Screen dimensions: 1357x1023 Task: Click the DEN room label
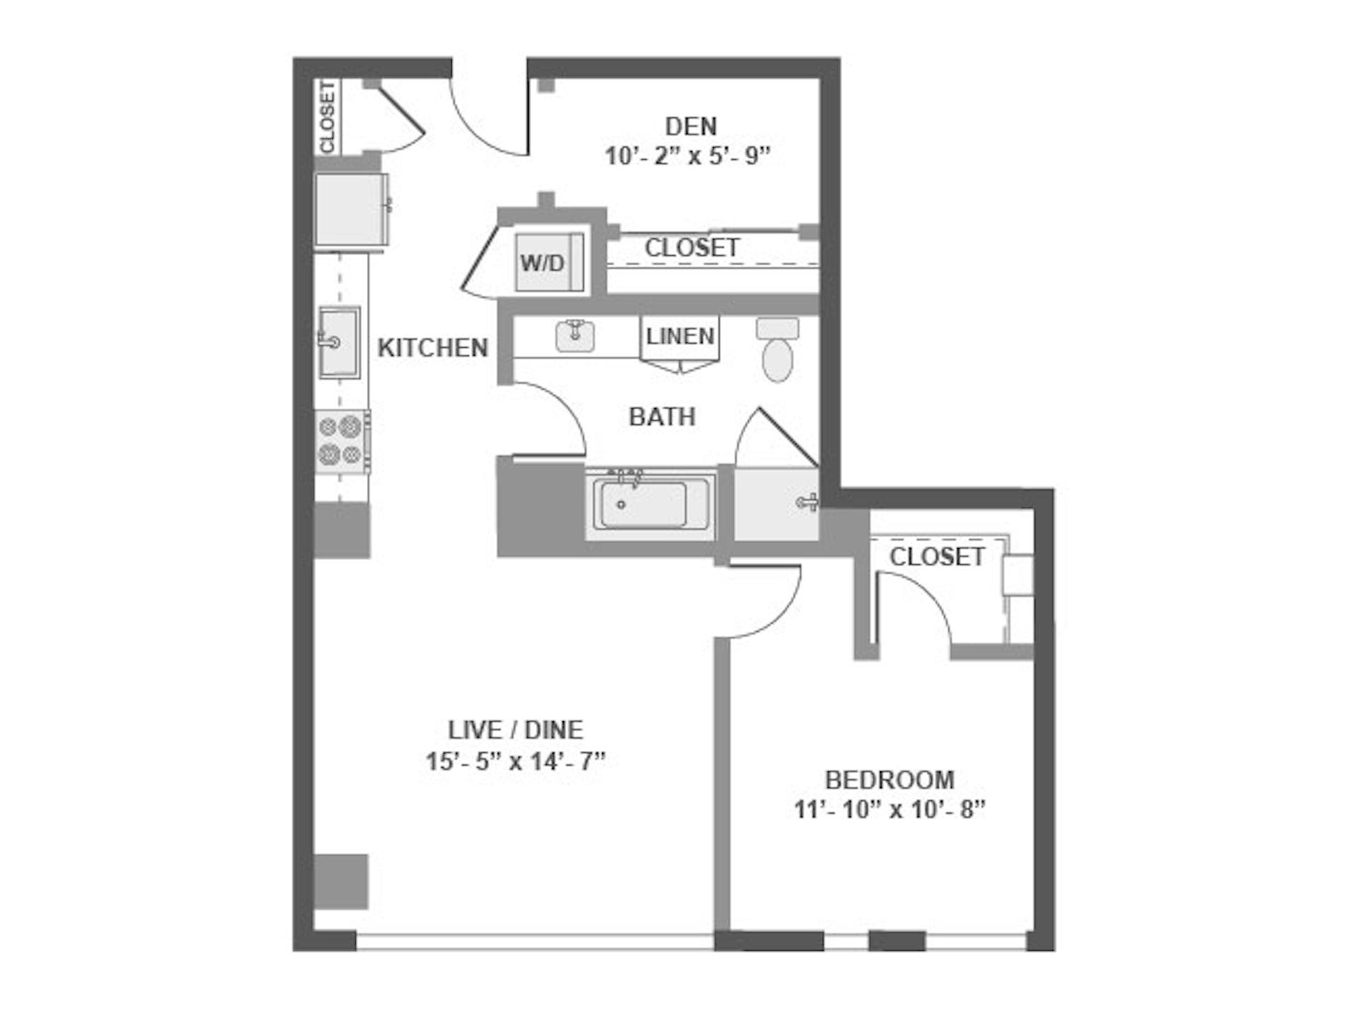pos(691,127)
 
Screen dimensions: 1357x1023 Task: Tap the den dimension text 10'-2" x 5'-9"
pos(687,156)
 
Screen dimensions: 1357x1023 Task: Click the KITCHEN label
pos(433,348)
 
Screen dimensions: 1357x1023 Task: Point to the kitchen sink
pos(339,342)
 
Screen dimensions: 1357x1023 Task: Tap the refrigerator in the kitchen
pos(351,210)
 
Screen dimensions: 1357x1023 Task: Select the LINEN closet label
pos(680,336)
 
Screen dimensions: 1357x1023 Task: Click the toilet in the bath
pos(777,350)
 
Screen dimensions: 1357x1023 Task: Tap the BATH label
pos(662,416)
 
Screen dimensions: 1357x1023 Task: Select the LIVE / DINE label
pos(516,730)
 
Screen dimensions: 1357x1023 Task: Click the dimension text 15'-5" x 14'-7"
pos(516,761)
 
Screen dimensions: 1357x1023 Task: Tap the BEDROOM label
pos(890,780)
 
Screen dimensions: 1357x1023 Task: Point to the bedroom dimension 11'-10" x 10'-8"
pos(890,809)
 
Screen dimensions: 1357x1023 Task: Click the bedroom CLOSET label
pos(937,557)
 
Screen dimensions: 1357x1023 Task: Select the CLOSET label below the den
pos(692,247)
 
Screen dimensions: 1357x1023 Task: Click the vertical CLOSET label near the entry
pos(328,117)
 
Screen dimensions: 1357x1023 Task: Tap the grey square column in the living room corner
pos(341,882)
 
